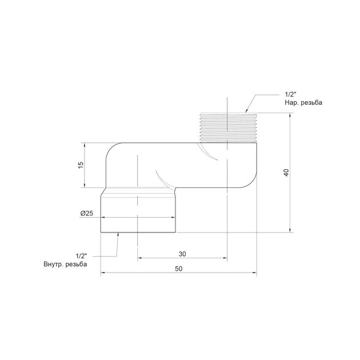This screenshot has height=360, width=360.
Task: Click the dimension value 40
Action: click(x=286, y=173)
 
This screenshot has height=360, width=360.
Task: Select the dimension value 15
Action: click(x=81, y=165)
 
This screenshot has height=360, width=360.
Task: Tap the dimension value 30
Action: click(x=182, y=254)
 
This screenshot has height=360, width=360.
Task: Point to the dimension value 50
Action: click(x=179, y=269)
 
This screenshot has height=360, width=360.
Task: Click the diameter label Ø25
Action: click(x=87, y=213)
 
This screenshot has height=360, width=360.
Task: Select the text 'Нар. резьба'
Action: click(x=303, y=102)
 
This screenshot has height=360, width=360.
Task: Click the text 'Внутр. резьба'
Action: click(x=66, y=264)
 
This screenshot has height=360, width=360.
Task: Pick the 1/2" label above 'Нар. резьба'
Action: click(x=291, y=94)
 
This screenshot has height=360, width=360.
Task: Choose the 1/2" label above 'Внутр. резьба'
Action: click(x=82, y=256)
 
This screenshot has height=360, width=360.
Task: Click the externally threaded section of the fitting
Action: click(x=227, y=127)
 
